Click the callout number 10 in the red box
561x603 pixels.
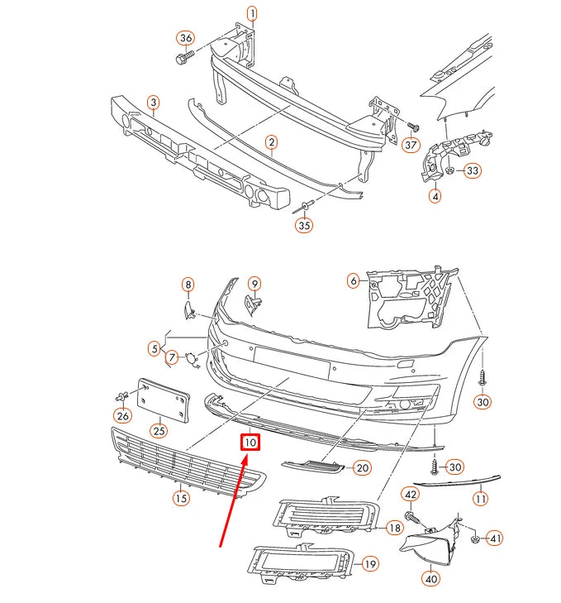click(x=250, y=443)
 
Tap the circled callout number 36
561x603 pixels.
click(x=186, y=38)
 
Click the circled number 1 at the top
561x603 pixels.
click(x=252, y=14)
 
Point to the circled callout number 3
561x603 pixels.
click(x=154, y=103)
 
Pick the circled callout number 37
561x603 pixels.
click(x=411, y=145)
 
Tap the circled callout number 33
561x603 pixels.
click(x=473, y=170)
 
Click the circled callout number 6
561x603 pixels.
click(x=354, y=280)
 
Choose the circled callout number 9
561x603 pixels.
click(x=254, y=284)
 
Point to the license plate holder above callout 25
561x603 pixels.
click(x=164, y=400)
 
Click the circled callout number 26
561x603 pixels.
click(x=122, y=416)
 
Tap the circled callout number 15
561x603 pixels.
click(x=181, y=499)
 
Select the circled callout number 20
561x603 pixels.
click(x=363, y=467)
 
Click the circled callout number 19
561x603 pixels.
click(x=370, y=564)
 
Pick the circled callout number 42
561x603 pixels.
click(x=411, y=495)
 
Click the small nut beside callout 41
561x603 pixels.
click(x=475, y=539)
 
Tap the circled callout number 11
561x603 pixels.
click(x=481, y=499)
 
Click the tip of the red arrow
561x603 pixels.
click(x=246, y=455)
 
